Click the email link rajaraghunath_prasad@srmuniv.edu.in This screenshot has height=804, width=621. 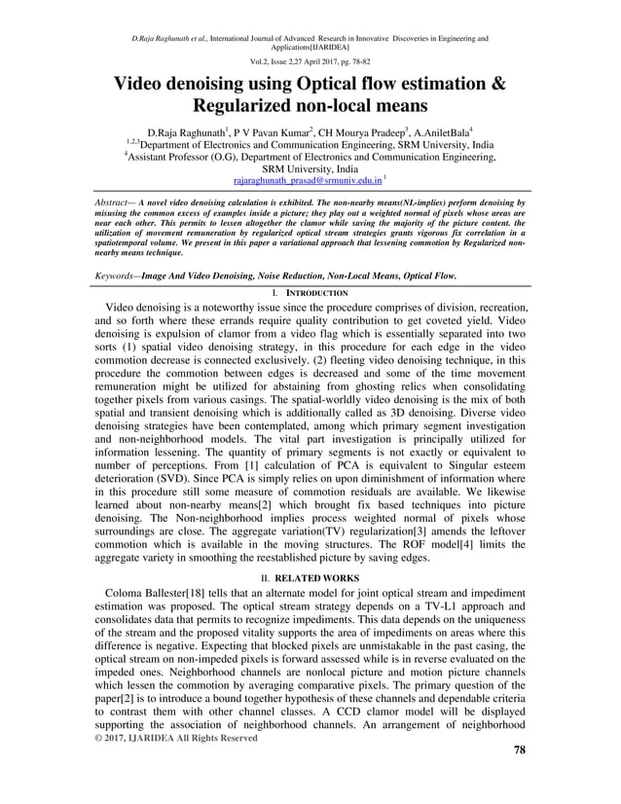tap(308, 181)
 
